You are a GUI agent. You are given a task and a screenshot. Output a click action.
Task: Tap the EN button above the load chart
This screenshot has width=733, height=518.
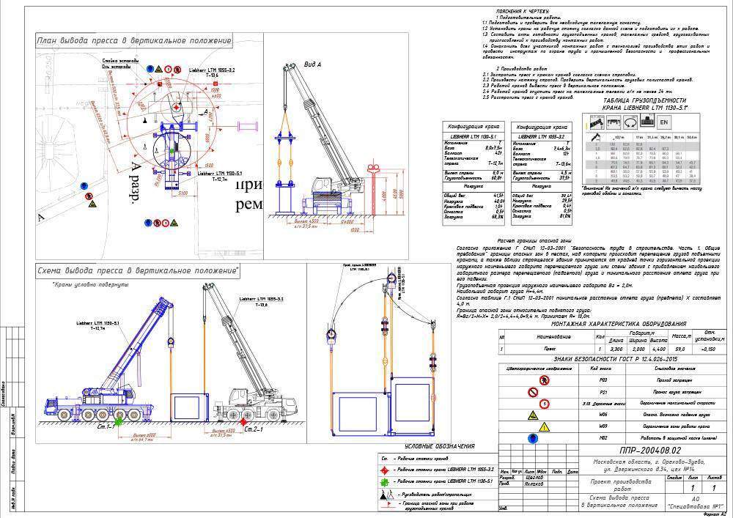pyautogui.click(x=664, y=122)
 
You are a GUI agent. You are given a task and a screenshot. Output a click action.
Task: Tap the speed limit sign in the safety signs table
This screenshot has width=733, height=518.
pyautogui.click(x=543, y=404)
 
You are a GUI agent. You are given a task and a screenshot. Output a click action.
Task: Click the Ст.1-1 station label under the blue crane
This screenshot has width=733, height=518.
pyautogui.click(x=103, y=426)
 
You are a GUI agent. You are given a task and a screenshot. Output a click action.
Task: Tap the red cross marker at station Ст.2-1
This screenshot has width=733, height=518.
pyautogui.click(x=241, y=423)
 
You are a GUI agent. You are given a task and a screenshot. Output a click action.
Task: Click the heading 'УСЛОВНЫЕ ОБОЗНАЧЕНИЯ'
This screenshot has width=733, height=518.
pyautogui.click(x=441, y=446)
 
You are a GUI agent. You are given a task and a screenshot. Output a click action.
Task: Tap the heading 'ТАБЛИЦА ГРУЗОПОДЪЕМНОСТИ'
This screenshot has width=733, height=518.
pyautogui.click(x=646, y=100)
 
